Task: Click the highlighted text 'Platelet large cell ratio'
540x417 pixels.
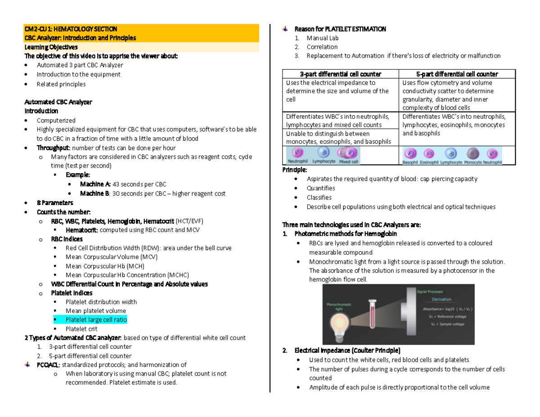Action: coord(96,320)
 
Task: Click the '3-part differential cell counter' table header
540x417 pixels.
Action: coord(341,74)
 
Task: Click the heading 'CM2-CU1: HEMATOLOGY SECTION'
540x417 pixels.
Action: coord(71,29)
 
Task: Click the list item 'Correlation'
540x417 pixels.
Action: coord(322,47)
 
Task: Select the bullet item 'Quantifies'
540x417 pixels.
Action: coord(321,188)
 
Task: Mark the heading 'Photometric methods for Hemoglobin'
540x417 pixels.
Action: coord(345,234)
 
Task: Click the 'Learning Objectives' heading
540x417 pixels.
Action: coord(51,47)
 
